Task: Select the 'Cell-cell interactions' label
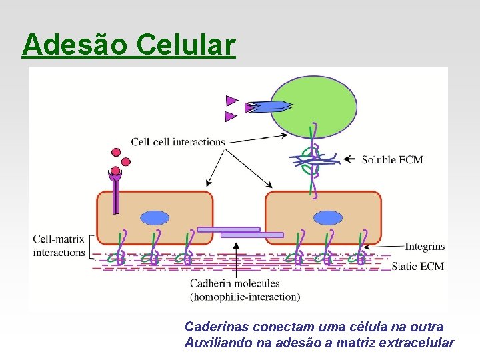click(177, 141)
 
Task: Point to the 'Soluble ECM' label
click(392, 160)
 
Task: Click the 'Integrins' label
click(425, 247)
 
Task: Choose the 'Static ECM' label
click(417, 267)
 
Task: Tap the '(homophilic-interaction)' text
click(245, 297)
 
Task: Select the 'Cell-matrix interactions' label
click(59, 245)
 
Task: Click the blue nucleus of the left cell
click(155, 217)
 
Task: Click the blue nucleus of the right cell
click(327, 217)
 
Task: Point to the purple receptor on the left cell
click(116, 193)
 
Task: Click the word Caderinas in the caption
click(214, 327)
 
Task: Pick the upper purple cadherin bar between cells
click(228, 229)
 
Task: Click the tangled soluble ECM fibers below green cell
click(314, 160)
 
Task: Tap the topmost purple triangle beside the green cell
click(231, 101)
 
